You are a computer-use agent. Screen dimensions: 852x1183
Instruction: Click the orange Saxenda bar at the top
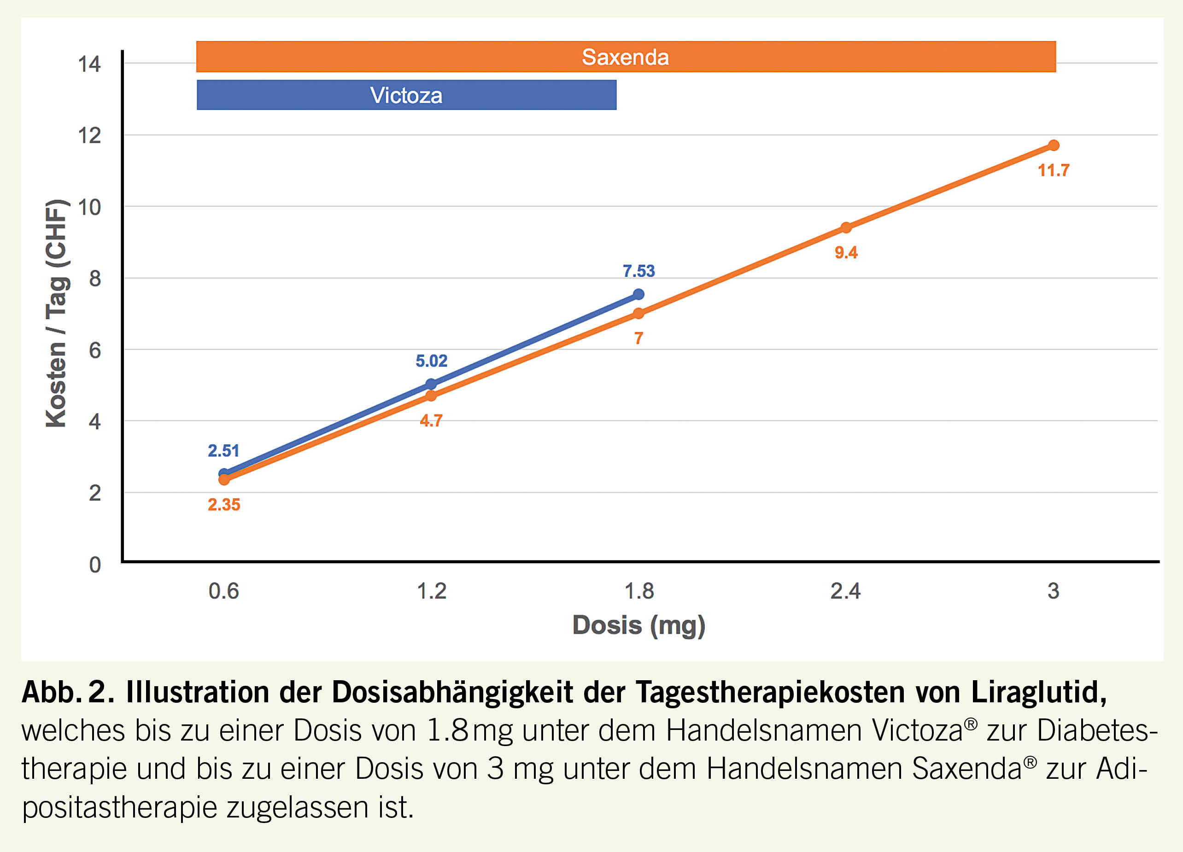pos(626,57)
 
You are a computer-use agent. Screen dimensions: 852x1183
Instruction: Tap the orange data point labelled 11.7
pos(1053,146)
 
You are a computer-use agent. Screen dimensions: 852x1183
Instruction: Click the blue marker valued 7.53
pos(638,295)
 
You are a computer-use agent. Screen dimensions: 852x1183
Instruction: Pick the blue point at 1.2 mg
pos(431,384)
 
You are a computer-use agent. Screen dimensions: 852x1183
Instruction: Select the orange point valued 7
pos(638,313)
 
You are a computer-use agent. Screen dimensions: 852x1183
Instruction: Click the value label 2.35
pos(224,505)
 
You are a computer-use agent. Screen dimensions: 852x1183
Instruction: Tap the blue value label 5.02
pos(431,361)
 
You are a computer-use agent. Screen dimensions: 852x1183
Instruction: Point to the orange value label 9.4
pos(846,253)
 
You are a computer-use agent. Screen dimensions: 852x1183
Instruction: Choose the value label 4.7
pos(431,421)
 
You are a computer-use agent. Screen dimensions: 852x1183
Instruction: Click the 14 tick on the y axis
pos(89,64)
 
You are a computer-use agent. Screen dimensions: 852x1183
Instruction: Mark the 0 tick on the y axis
pos(94,565)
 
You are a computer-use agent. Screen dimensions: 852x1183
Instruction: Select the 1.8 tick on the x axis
pos(639,591)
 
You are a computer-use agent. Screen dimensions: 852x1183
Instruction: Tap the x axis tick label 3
pos(1053,591)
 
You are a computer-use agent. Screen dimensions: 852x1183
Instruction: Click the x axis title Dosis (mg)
pos(638,625)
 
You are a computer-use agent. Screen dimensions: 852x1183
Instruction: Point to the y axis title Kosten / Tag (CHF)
pos(56,313)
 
